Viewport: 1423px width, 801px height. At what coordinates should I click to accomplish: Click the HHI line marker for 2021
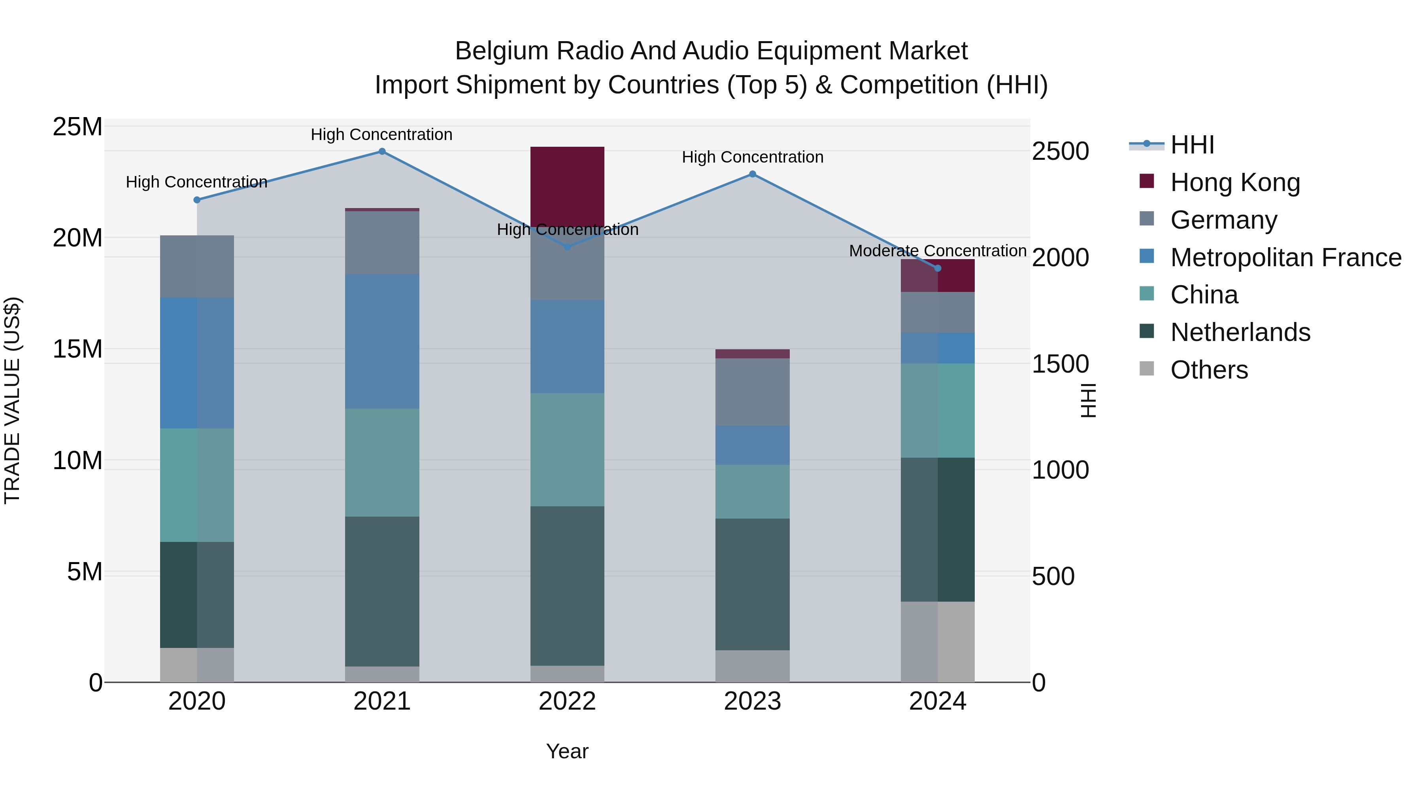[x=382, y=151]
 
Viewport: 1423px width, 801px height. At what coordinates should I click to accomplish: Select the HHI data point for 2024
[x=938, y=268]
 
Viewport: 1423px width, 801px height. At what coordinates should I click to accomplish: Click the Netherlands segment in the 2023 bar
[x=752, y=584]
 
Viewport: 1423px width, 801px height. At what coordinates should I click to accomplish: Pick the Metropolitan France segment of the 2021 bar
[x=382, y=341]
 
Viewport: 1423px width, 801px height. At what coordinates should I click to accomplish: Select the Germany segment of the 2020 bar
[x=197, y=267]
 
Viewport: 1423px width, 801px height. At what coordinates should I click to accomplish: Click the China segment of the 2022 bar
[x=567, y=449]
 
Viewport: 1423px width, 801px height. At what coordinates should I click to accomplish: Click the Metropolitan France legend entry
[x=1285, y=258]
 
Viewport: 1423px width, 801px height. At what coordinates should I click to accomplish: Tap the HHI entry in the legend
[x=1192, y=145]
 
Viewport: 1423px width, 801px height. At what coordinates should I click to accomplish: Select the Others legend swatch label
[x=1209, y=370]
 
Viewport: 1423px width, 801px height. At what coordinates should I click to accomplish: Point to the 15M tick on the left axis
[x=77, y=349]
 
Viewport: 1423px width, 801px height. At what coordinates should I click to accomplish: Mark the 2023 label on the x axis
[x=752, y=701]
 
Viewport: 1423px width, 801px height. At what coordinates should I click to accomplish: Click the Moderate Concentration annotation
[x=938, y=251]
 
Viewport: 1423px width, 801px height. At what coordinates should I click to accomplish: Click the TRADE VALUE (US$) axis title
[x=12, y=400]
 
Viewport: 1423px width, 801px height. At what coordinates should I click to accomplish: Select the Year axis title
[x=567, y=751]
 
